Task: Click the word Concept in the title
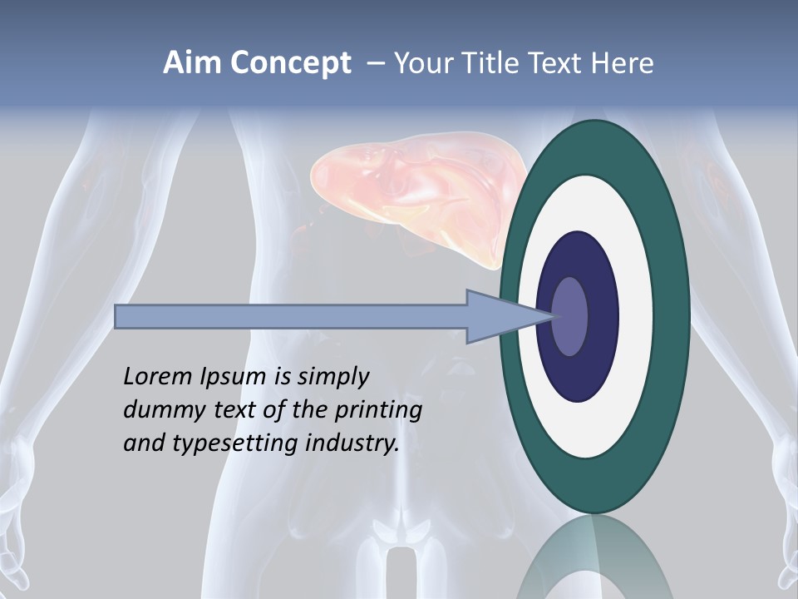click(x=290, y=63)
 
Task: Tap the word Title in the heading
click(x=490, y=63)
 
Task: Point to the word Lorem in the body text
click(x=157, y=377)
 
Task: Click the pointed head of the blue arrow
click(x=499, y=316)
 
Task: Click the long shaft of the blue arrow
click(x=291, y=316)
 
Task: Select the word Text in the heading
click(x=557, y=63)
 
